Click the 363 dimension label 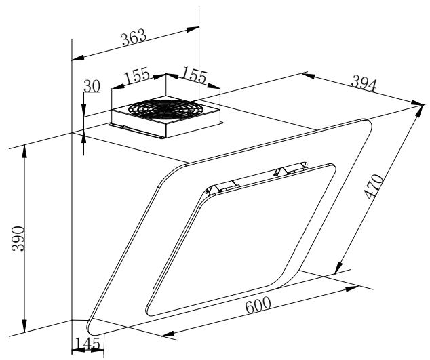[134, 37]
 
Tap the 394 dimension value [364, 83]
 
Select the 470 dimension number [374, 186]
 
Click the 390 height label [18, 239]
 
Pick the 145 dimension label [87, 344]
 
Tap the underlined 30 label [92, 86]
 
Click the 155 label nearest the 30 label [137, 75]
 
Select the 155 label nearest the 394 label [194, 75]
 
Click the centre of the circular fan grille [165, 108]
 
